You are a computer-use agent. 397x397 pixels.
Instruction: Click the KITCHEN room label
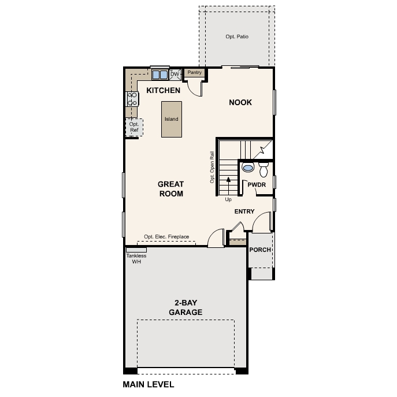(x=163, y=91)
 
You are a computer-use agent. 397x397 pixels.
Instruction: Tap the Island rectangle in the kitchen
(x=171, y=119)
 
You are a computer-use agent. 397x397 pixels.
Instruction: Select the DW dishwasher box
(x=175, y=74)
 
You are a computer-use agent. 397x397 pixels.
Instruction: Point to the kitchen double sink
(x=160, y=75)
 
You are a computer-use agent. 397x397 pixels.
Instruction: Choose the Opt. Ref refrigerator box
(x=134, y=127)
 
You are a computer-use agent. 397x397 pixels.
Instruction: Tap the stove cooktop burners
(x=132, y=99)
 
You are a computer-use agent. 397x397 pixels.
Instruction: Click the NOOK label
(x=240, y=102)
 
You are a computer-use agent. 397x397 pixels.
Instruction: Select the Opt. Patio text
(x=236, y=36)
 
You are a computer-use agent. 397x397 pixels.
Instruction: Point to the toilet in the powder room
(x=264, y=169)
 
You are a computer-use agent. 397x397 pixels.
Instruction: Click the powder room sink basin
(x=248, y=168)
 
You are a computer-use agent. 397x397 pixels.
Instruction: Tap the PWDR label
(x=256, y=184)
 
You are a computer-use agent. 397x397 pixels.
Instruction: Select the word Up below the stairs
(x=229, y=199)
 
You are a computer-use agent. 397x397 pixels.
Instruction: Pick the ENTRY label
(x=244, y=212)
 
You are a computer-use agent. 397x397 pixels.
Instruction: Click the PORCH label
(x=259, y=250)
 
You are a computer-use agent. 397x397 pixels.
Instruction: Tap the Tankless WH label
(x=136, y=258)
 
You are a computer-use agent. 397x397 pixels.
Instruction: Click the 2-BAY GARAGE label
(x=185, y=307)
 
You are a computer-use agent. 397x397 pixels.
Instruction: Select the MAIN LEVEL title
(x=148, y=384)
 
